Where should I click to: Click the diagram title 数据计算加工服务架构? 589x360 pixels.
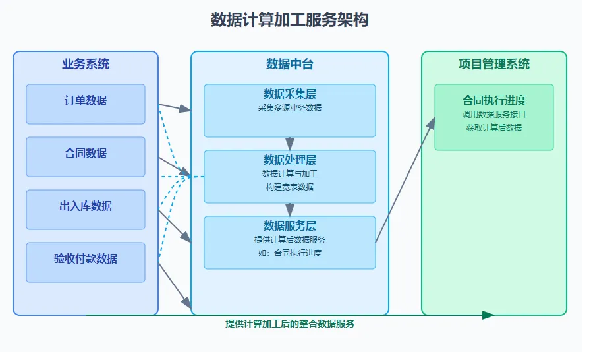tap(289, 20)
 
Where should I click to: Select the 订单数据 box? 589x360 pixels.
tap(86, 104)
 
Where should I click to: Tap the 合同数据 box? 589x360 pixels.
tap(86, 157)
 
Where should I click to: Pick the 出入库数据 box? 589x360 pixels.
tap(86, 210)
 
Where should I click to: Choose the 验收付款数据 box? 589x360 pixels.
tap(86, 262)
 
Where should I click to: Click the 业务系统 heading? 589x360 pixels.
tap(86, 64)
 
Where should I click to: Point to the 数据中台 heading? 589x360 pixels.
tap(290, 64)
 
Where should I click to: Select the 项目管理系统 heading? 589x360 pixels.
tap(494, 64)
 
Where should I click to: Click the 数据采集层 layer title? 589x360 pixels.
tap(290, 94)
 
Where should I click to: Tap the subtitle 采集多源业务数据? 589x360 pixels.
tap(290, 108)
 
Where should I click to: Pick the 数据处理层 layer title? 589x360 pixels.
tap(290, 160)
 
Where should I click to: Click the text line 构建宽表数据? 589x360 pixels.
tap(290, 187)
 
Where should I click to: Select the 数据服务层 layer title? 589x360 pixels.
tap(290, 225)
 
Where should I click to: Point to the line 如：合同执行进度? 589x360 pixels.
tap(290, 253)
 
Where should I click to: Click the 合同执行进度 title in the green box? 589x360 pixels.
tap(494, 100)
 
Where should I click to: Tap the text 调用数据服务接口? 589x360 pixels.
tap(494, 114)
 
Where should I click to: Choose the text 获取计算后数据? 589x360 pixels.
tap(494, 128)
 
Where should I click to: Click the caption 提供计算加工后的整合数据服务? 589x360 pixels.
tap(290, 324)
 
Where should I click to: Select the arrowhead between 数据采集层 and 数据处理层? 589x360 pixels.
tap(290, 144)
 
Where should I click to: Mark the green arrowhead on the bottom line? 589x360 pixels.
tap(488, 315)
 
